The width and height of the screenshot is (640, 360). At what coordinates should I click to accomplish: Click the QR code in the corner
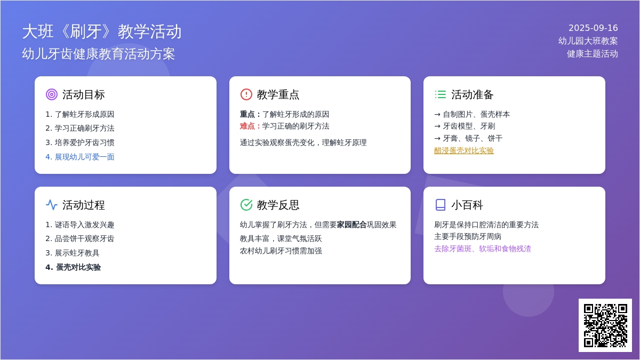[605, 325]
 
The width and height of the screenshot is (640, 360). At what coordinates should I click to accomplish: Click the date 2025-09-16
[593, 28]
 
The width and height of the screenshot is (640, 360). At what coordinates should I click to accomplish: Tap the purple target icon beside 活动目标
[52, 94]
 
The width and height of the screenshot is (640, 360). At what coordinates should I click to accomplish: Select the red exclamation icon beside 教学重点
[246, 94]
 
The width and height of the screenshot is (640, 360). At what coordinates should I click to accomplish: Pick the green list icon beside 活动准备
[441, 94]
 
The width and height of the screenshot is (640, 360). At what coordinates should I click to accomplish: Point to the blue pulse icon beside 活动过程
[52, 205]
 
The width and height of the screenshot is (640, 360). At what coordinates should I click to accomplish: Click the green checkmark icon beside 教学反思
[246, 205]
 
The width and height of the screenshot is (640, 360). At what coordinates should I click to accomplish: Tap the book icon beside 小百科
[441, 205]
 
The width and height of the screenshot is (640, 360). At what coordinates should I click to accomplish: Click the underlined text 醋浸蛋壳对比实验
[463, 150]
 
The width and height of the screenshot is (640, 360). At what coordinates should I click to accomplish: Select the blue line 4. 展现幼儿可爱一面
[79, 157]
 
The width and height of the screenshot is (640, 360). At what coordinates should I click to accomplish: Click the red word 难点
[247, 126]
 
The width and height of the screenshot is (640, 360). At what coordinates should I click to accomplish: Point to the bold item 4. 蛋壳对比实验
[73, 267]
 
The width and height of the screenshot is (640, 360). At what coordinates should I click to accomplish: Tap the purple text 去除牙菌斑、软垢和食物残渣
[483, 249]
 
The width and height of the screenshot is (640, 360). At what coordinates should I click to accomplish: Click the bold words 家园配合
[351, 225]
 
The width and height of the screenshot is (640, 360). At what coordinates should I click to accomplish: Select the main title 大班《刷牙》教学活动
[102, 31]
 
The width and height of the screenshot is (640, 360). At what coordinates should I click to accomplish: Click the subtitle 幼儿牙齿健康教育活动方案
[98, 54]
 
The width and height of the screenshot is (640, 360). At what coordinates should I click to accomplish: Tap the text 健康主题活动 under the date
[593, 54]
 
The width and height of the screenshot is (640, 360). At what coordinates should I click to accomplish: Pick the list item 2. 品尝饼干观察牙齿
[79, 238]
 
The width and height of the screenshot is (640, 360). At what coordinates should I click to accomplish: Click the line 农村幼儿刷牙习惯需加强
[281, 251]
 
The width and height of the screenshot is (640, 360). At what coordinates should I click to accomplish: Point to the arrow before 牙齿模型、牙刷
[437, 126]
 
